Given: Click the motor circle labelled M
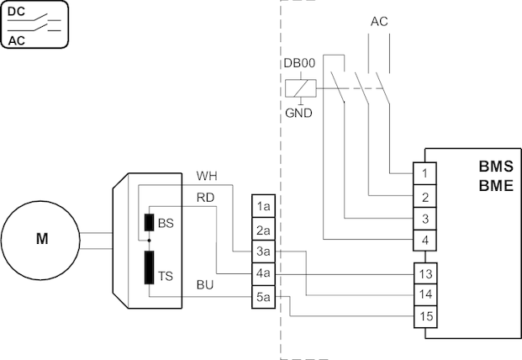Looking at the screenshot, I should tap(41, 239).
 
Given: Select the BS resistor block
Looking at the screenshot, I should tap(149, 223).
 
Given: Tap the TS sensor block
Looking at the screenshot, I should tap(149, 266).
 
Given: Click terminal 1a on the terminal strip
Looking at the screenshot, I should tap(263, 206).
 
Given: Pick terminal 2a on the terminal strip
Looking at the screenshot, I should tap(263, 229).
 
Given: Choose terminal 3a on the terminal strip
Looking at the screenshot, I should tap(263, 251).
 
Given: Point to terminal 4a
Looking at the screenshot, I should tap(263, 273).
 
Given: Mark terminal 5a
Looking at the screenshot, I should tap(263, 296).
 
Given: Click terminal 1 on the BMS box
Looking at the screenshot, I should tap(426, 173).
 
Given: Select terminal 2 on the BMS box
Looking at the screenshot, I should tap(426, 197).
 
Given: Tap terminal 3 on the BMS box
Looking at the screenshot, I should tap(426, 219).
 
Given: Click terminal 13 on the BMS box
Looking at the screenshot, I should tap(426, 273).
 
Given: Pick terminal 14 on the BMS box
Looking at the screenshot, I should tap(426, 295).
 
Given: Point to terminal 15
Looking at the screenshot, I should tap(426, 317).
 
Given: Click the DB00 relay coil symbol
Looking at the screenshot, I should tap(297, 87).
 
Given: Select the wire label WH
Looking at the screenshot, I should tap(207, 177).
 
